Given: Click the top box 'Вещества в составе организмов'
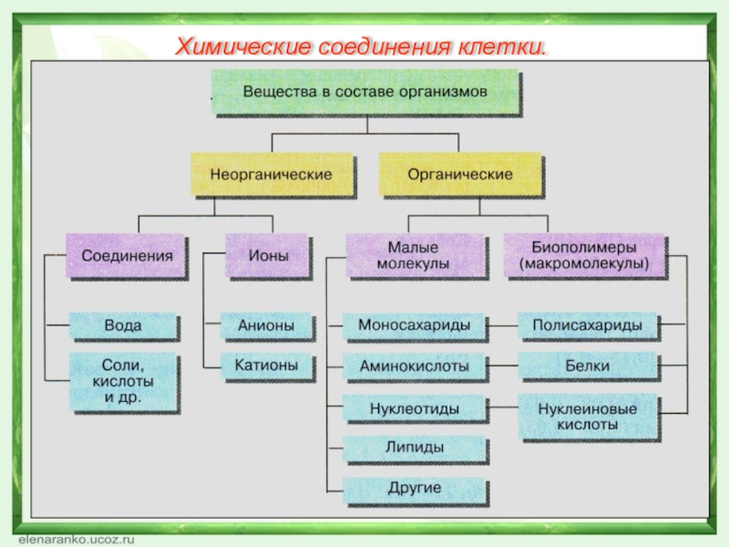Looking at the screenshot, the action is (365, 91).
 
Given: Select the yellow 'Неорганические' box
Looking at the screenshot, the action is (272, 174).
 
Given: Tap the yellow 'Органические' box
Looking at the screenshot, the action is (460, 174).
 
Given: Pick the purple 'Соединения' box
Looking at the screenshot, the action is (126, 255).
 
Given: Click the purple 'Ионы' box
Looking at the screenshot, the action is (267, 255).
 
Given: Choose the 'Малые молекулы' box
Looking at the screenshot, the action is (416, 255).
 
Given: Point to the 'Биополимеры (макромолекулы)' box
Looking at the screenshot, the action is (584, 255).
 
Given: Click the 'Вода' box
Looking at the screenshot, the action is (123, 325).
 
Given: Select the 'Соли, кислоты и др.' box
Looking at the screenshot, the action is (123, 381).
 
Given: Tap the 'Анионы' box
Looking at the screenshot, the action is (266, 325).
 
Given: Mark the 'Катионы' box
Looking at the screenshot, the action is (266, 366).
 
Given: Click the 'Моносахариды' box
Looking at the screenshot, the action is (415, 325).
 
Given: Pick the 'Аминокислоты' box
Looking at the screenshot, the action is (415, 366).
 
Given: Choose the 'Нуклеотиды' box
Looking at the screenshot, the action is (415, 408).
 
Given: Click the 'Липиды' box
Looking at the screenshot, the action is (415, 448).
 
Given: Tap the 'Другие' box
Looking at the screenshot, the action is (415, 490).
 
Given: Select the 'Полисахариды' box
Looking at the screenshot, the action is (588, 325).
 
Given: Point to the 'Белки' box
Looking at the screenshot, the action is (588, 366).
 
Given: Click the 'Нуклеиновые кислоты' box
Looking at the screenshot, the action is (588, 417).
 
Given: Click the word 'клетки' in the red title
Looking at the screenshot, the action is (502, 47).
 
